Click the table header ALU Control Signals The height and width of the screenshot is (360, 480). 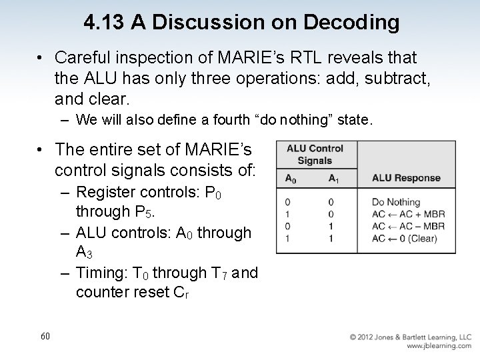tap(315, 155)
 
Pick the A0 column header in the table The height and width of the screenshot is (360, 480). tap(291, 178)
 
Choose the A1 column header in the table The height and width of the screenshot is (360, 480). tap(334, 178)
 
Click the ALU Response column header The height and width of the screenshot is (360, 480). tap(406, 178)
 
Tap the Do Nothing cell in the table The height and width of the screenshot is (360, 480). tap(396, 202)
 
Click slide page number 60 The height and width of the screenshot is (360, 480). tap(45, 336)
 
